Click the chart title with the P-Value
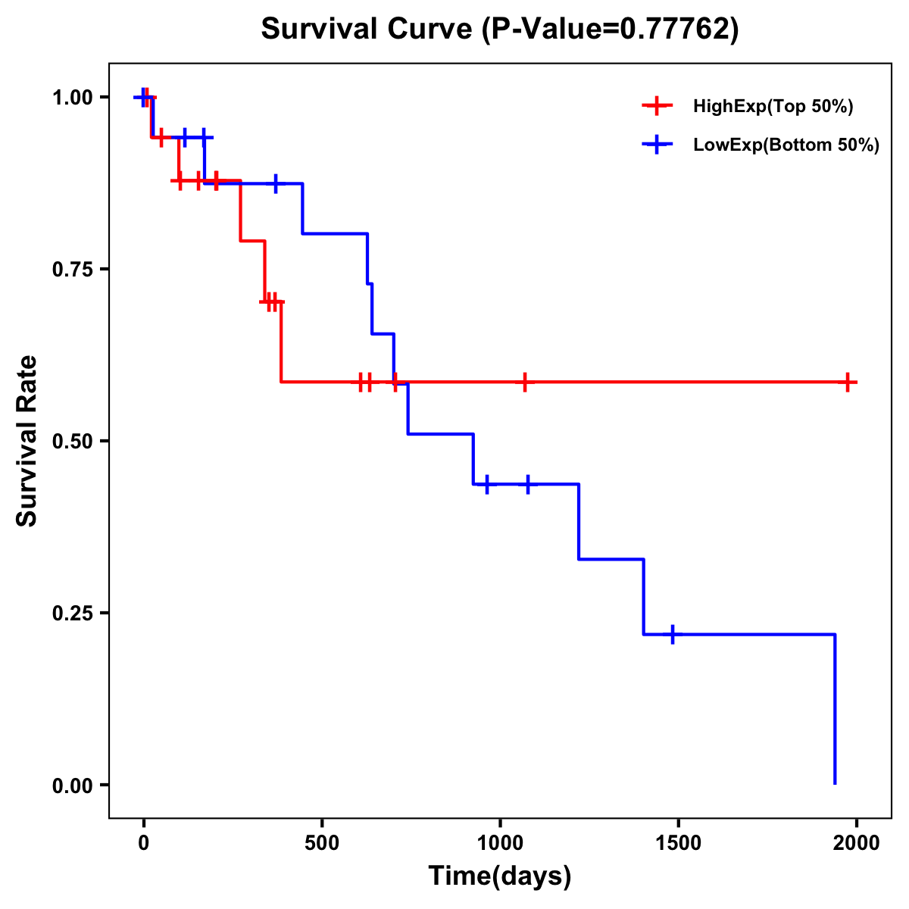(500, 29)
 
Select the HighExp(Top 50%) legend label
(773, 107)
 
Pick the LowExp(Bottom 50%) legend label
(786, 145)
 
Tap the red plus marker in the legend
(657, 107)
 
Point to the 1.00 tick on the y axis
(72, 98)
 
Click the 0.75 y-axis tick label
(72, 270)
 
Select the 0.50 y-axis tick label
(72, 442)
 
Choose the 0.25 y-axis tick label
(72, 614)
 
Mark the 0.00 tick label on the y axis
(72, 786)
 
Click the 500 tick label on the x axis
(322, 843)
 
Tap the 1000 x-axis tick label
(500, 843)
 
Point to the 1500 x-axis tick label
(678, 843)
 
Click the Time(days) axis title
(500, 876)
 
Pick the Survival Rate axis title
(27, 441)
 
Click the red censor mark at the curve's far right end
(848, 383)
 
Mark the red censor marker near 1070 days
(524, 383)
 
